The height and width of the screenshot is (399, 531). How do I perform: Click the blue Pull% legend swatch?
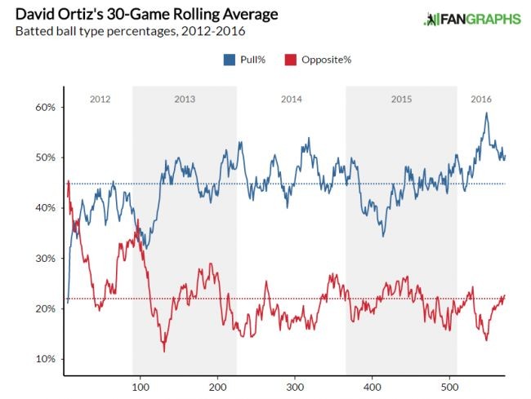(228, 60)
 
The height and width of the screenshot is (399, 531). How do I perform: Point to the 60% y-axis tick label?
(44, 108)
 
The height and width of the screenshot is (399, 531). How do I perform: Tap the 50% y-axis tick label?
(44, 157)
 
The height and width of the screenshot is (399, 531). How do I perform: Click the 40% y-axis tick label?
(44, 208)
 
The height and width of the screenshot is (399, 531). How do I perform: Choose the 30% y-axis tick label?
(44, 259)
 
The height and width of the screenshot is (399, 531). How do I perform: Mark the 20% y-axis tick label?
(44, 309)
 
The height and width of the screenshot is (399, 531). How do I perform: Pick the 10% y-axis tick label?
(44, 360)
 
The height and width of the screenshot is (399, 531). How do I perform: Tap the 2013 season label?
(185, 99)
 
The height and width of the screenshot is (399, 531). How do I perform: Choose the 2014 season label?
(291, 99)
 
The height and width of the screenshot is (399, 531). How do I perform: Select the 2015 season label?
(401, 99)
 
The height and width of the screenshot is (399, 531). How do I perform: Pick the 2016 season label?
(482, 99)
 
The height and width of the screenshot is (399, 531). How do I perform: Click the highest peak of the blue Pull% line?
(487, 113)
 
